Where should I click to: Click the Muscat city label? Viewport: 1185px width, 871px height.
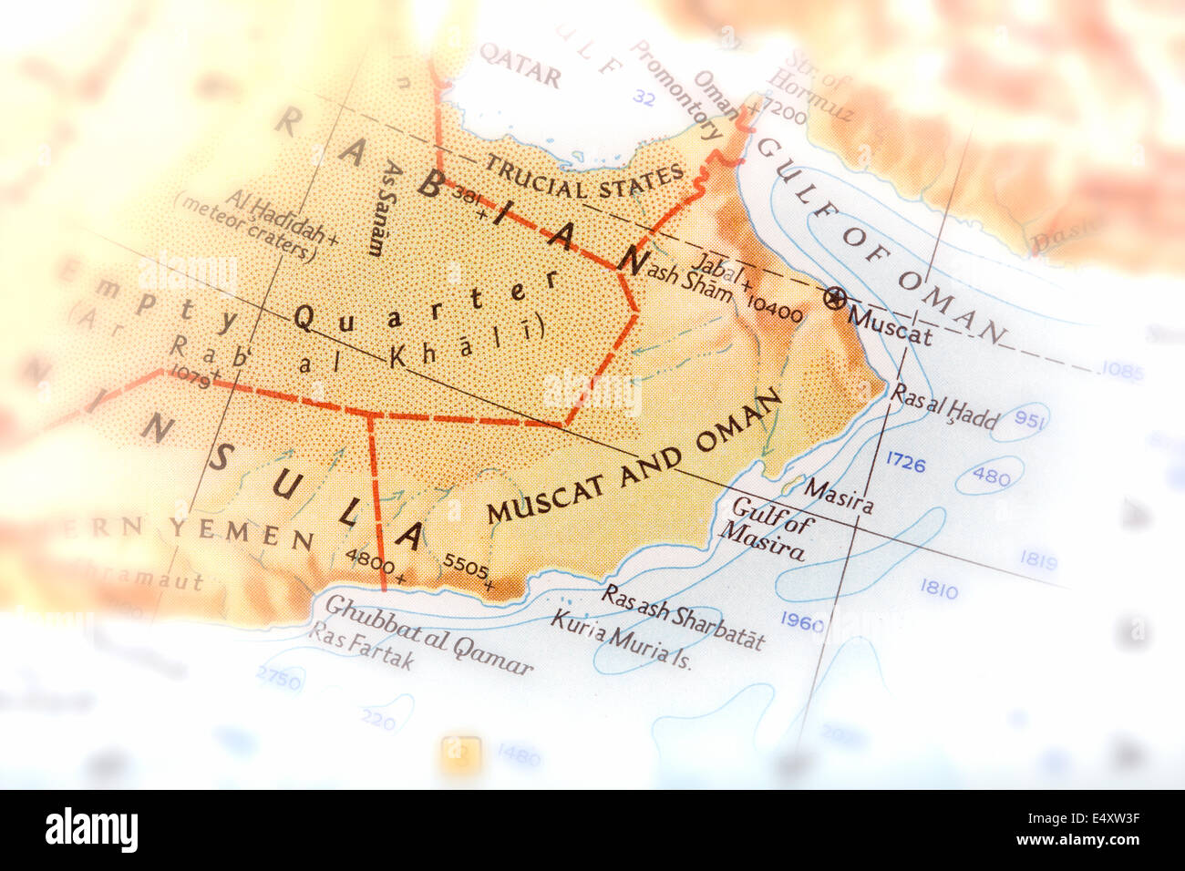(889, 325)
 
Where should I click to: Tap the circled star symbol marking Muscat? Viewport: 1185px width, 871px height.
(833, 298)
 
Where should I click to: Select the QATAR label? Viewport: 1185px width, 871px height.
(520, 66)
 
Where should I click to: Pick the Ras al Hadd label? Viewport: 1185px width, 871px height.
(944, 406)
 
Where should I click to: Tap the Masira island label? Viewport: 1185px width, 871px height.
(837, 497)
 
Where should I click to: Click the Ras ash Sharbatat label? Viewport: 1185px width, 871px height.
(684, 616)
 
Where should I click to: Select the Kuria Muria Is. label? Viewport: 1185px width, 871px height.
(621, 640)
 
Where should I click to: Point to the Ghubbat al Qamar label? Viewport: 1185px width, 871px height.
(428, 635)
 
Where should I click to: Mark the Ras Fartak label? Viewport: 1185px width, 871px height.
(361, 644)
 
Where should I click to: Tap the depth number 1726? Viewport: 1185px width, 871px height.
(905, 464)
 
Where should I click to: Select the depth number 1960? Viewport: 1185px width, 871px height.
(802, 624)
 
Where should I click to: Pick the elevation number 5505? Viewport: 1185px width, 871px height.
(465, 566)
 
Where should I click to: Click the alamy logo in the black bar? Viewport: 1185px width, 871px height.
(91, 830)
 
